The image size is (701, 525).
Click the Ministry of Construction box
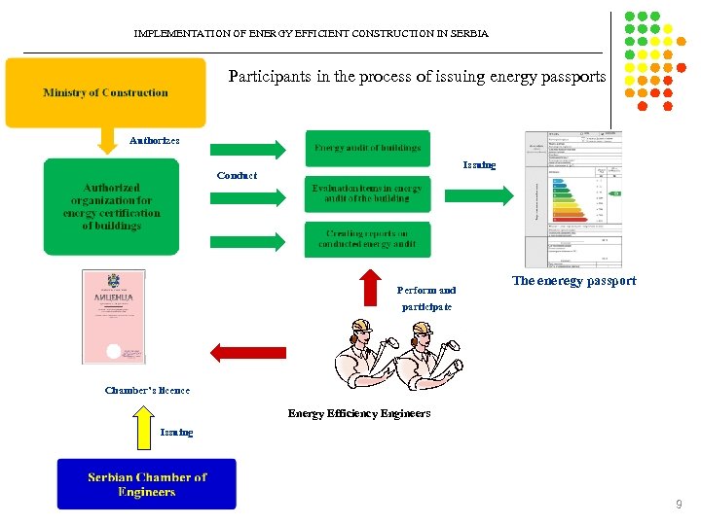point(105,93)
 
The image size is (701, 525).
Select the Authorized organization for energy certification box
point(112,207)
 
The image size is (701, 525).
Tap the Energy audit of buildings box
point(367,148)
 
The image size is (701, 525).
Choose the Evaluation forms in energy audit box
point(367,192)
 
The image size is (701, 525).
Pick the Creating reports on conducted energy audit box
point(367,239)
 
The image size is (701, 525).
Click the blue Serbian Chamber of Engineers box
point(146,484)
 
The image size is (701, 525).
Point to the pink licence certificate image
point(114,317)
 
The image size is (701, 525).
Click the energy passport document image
point(572,198)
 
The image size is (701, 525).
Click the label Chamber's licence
point(147,391)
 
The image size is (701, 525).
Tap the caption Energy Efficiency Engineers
point(358,413)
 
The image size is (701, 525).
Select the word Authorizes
point(155,141)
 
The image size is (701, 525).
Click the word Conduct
point(237,176)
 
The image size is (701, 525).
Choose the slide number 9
point(680,505)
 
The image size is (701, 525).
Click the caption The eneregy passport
point(573,281)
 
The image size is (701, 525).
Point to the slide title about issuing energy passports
point(417,76)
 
